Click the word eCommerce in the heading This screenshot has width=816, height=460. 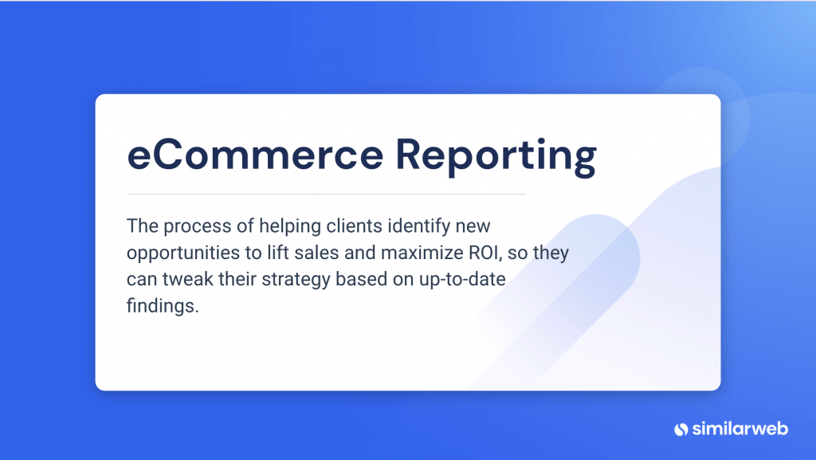[x=255, y=156]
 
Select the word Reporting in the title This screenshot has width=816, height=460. [x=496, y=158]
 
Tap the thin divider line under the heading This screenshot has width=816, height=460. [x=326, y=194]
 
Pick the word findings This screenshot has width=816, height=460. [x=161, y=307]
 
